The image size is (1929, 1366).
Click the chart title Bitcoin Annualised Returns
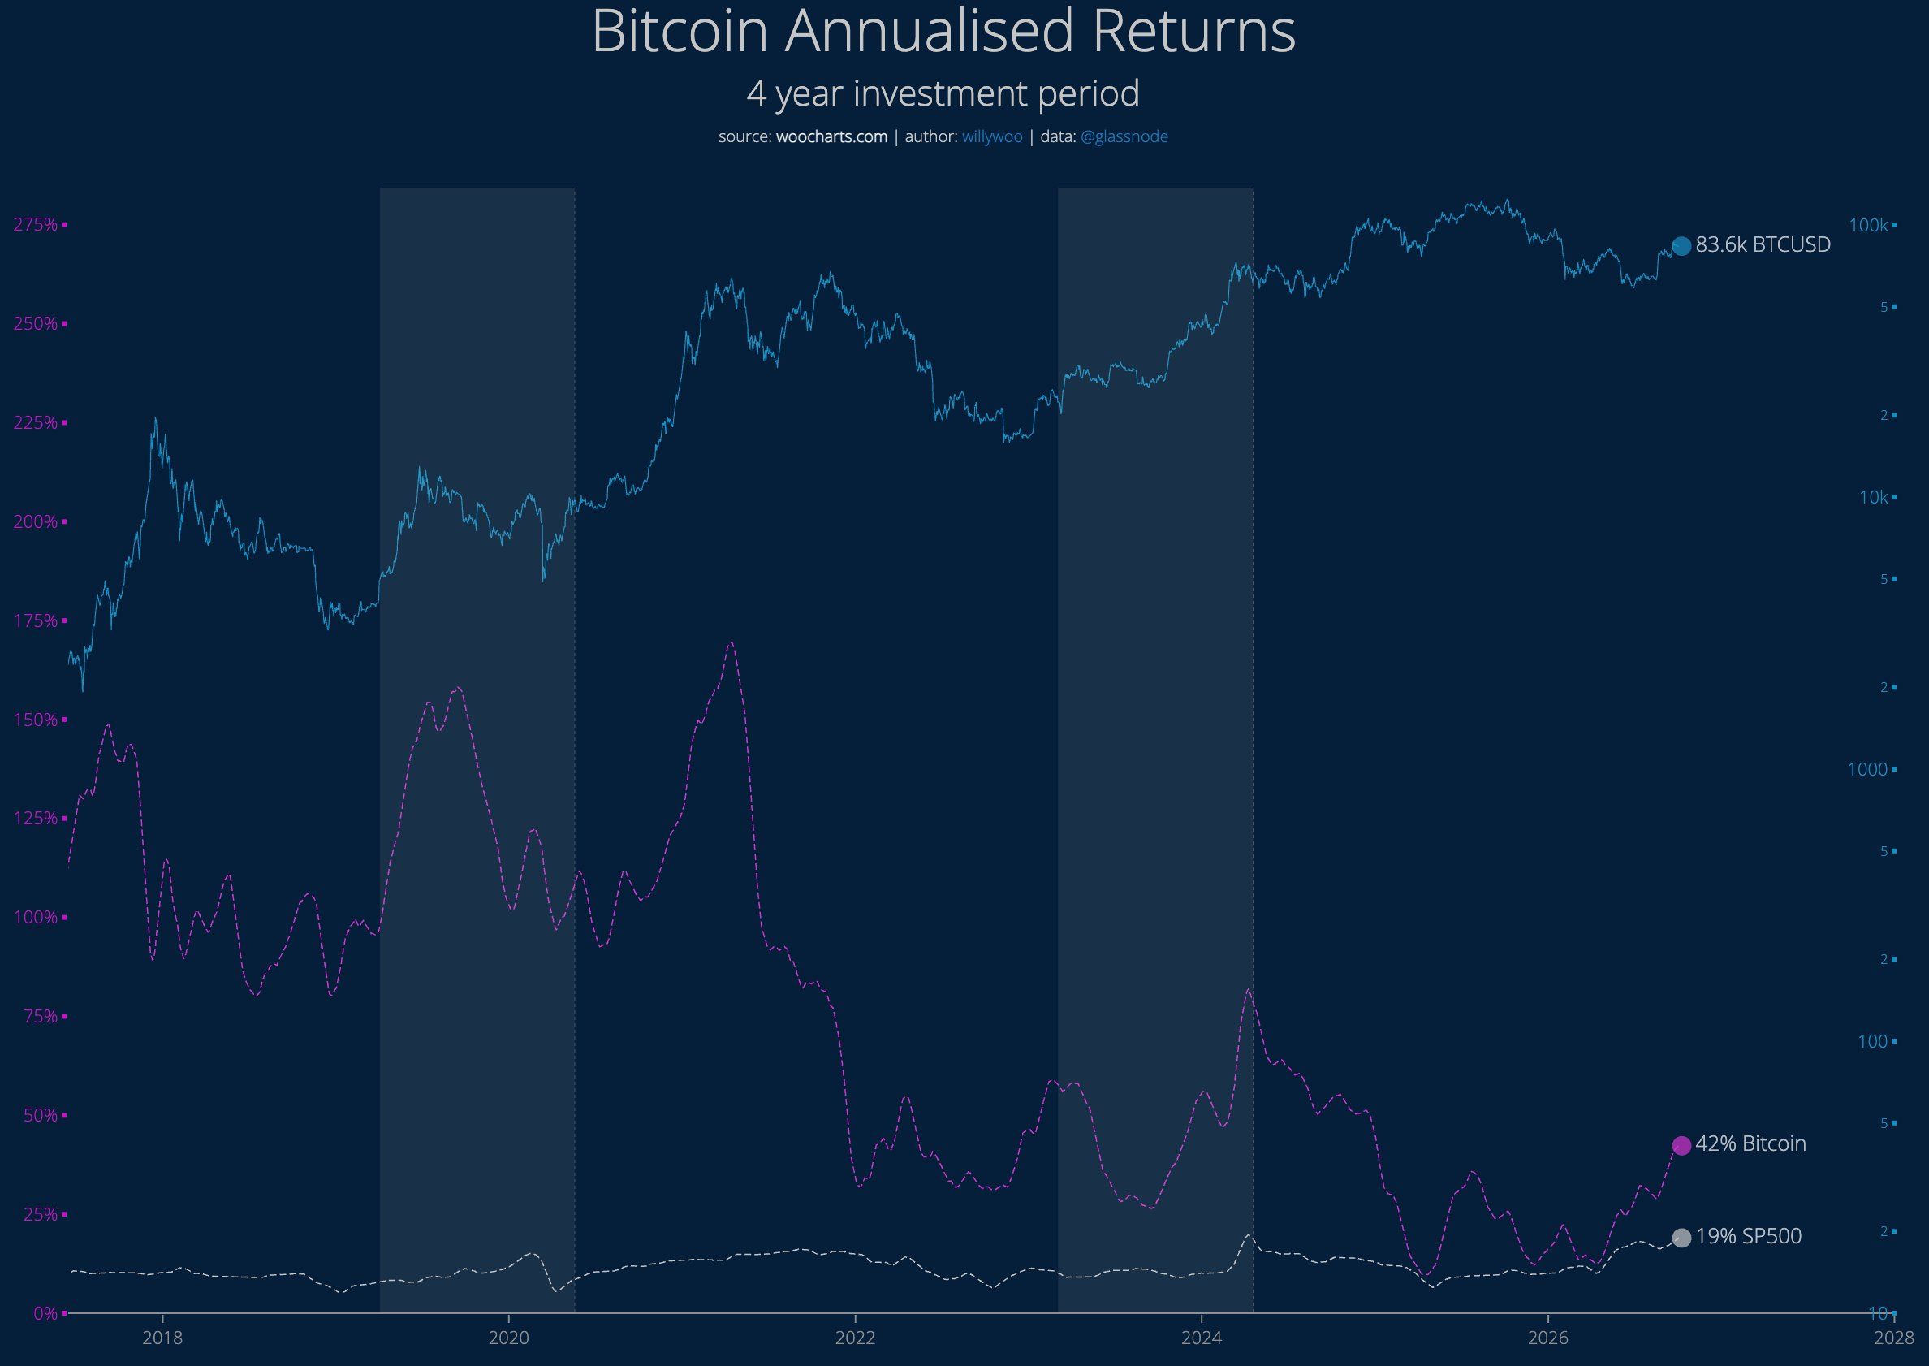point(943,32)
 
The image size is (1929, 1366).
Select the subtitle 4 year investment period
point(943,93)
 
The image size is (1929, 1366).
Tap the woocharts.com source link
point(831,136)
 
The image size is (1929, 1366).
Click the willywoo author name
point(992,136)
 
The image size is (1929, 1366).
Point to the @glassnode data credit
point(1124,136)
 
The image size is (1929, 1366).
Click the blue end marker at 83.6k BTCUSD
point(1681,245)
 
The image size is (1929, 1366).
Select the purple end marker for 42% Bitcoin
point(1681,1146)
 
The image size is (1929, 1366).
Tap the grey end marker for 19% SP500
point(1681,1238)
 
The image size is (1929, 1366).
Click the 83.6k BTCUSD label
point(1763,244)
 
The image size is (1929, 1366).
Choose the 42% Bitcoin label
point(1750,1144)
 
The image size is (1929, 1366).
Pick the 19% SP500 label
point(1748,1236)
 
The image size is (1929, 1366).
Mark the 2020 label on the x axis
point(509,1338)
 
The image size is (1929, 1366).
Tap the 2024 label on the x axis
point(1202,1338)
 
